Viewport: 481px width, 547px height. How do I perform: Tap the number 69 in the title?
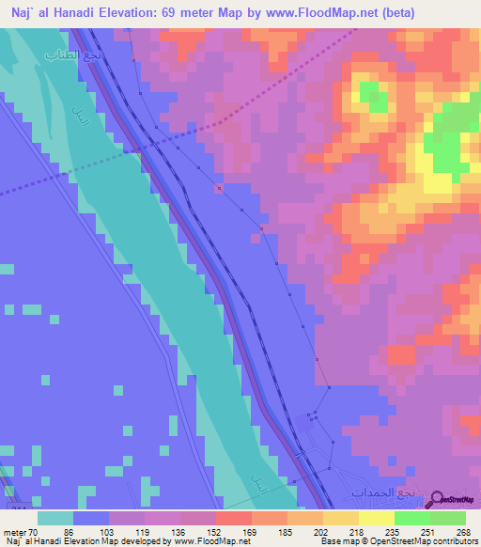(x=177, y=12)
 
